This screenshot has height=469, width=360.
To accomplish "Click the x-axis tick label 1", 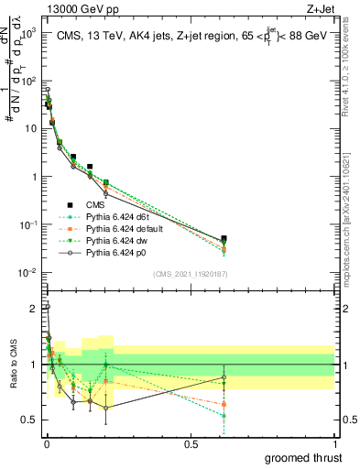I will coord(335,443).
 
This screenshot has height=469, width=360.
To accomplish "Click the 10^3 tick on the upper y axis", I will coord(30,31).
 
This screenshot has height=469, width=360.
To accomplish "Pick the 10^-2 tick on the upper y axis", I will coord(29,273).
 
